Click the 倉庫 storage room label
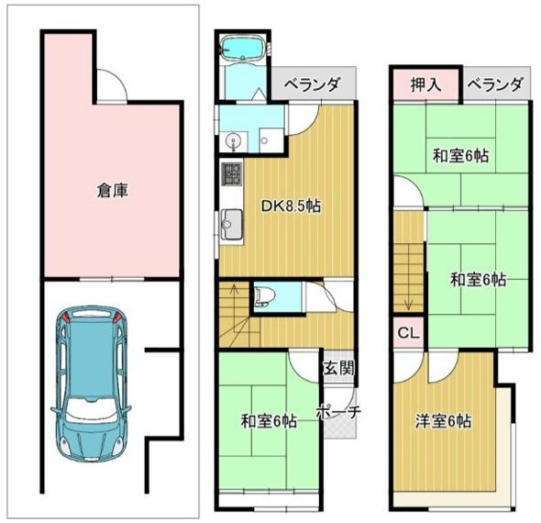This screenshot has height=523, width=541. [x=112, y=191]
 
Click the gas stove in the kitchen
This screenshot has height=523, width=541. [x=229, y=173]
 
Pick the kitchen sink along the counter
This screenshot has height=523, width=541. [x=230, y=222]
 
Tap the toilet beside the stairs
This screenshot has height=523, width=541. [x=264, y=295]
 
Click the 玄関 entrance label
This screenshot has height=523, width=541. [x=336, y=368]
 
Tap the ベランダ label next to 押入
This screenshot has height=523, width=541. [x=496, y=84]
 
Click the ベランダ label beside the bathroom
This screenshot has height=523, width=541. [x=312, y=84]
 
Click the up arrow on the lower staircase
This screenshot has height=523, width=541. [x=232, y=294]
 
